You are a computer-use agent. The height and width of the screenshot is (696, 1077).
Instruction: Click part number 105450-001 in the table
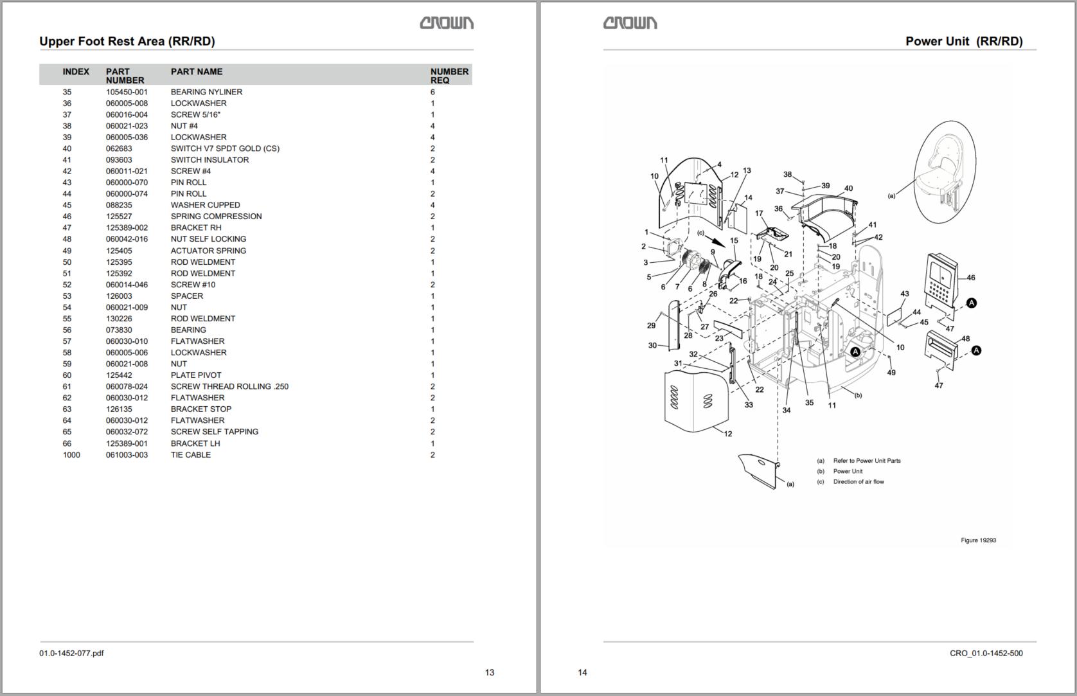click(x=127, y=92)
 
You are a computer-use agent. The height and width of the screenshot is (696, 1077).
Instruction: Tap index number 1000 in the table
click(x=71, y=454)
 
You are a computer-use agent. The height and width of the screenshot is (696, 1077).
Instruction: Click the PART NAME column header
click(x=197, y=71)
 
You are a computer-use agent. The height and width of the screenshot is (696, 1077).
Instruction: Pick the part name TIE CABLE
click(x=190, y=454)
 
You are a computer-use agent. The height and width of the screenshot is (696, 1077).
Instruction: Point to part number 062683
click(x=119, y=148)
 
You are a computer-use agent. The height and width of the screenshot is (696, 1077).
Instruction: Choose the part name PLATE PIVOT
click(x=196, y=375)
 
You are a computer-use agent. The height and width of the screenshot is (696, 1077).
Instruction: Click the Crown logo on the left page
click(x=447, y=23)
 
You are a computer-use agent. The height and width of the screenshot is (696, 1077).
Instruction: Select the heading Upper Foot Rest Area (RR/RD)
click(x=127, y=41)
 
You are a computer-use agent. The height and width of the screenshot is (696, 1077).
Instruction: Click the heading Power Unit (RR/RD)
click(x=964, y=41)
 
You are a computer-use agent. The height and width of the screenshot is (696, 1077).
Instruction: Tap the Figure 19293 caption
click(x=978, y=540)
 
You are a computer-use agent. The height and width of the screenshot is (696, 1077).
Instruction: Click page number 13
click(x=490, y=672)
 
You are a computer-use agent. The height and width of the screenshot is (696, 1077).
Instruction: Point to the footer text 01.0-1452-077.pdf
click(x=71, y=653)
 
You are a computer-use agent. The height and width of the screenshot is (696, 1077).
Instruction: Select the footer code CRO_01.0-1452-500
click(x=986, y=653)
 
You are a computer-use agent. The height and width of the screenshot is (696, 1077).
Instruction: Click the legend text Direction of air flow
click(x=858, y=481)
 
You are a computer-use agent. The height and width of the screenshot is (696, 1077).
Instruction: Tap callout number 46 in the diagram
click(x=970, y=278)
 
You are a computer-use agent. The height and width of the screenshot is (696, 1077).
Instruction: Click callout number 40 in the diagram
click(x=848, y=188)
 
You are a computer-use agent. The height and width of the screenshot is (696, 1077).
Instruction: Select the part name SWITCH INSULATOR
click(x=209, y=160)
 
